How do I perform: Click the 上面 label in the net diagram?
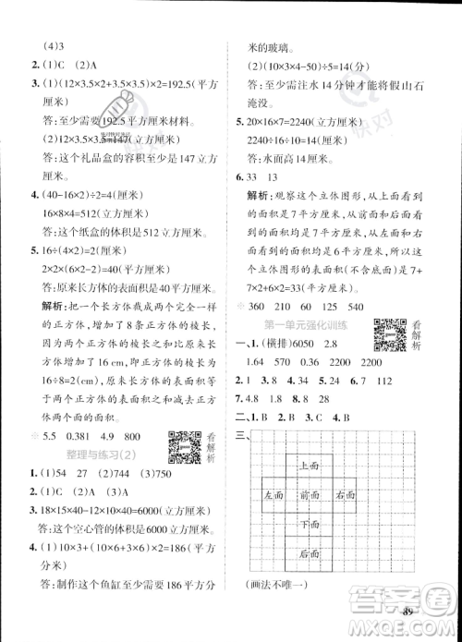tap(311, 467)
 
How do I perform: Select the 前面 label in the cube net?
tap(311, 495)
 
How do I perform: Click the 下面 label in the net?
tap(311, 523)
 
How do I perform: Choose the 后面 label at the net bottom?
tap(311, 551)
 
